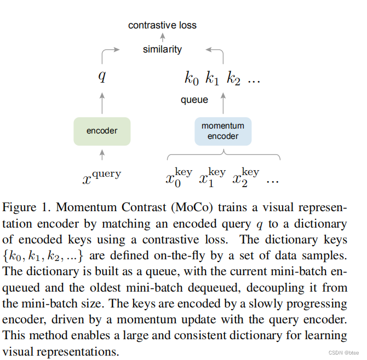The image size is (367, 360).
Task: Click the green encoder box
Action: click(102, 131)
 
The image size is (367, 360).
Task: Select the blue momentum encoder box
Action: click(223, 131)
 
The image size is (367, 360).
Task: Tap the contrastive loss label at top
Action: click(162, 25)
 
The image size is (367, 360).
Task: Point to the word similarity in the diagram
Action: click(162, 49)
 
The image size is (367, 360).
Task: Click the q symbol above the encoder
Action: click(102, 76)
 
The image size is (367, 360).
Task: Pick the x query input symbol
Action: click(102, 177)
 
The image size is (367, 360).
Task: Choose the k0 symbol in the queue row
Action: click(191, 78)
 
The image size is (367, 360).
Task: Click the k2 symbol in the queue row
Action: click(233, 78)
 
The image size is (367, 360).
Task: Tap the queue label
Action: click(194, 100)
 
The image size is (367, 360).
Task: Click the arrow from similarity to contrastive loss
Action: click(162, 37)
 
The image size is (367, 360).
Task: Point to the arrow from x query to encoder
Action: click(102, 156)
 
